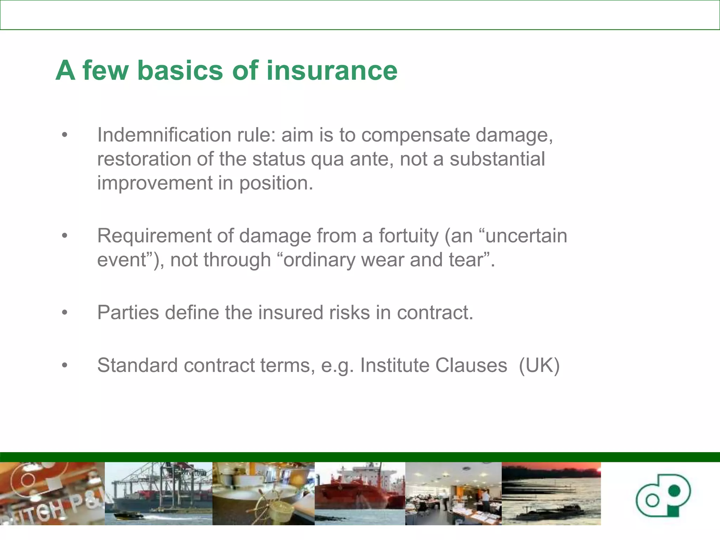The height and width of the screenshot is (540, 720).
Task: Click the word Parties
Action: [128, 313]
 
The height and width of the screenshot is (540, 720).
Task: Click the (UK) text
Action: [539, 365]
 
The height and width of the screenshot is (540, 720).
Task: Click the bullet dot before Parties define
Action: [64, 313]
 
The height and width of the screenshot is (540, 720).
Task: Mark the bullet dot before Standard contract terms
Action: [64, 366]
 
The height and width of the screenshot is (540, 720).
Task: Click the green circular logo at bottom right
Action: [663, 495]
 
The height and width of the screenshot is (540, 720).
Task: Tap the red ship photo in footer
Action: [360, 494]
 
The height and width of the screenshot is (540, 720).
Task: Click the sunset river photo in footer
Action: [551, 494]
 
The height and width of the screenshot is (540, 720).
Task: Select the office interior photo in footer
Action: [453, 494]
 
